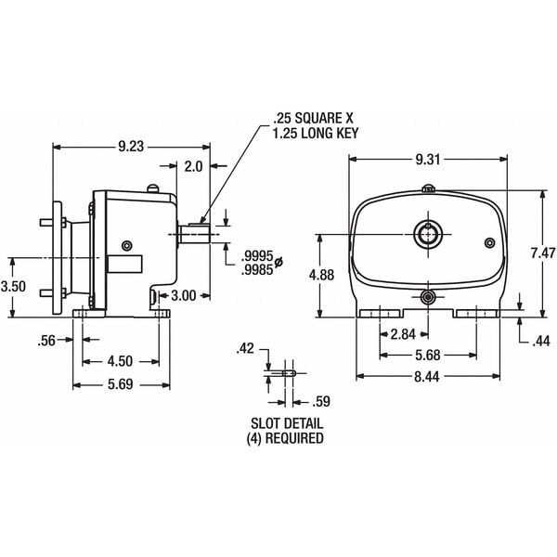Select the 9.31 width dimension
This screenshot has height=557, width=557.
(428, 160)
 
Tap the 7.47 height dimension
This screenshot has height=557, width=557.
(542, 253)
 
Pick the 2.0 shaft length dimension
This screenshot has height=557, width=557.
(193, 167)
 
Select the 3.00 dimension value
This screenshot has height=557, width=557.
(184, 295)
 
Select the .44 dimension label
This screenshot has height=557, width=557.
(541, 342)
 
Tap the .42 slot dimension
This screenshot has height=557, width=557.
(246, 350)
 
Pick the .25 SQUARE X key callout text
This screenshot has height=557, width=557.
(312, 119)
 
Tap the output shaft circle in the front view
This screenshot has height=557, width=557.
(429, 234)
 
